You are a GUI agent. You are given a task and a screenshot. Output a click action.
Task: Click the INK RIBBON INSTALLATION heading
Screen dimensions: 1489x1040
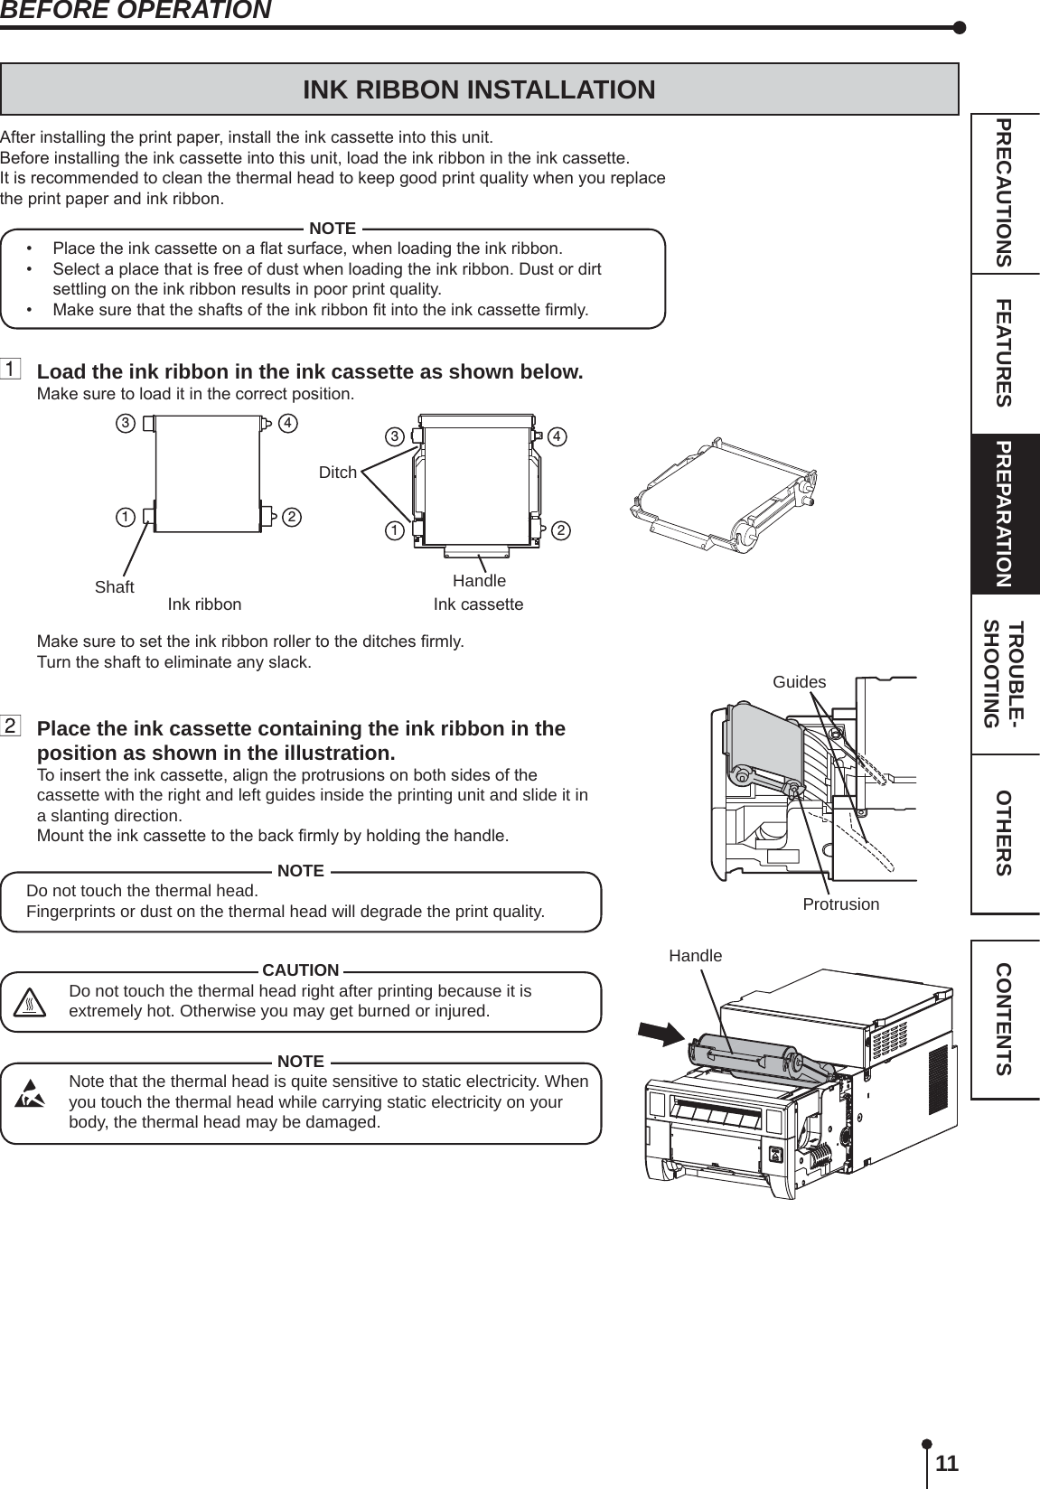point(479,90)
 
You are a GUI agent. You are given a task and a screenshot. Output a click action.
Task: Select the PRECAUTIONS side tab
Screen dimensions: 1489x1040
point(1004,192)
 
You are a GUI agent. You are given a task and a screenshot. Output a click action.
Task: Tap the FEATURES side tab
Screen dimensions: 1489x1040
point(1004,352)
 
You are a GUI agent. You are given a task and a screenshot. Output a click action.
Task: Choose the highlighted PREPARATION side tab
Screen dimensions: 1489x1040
point(1004,514)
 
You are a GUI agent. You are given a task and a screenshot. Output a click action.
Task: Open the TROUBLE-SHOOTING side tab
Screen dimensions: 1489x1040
point(1004,674)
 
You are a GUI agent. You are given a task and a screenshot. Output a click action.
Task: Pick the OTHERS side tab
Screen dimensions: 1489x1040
point(1004,833)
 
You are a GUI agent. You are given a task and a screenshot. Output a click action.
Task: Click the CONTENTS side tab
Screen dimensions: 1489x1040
point(1004,1019)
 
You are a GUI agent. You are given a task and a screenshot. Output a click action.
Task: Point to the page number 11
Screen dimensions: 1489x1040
point(947,1463)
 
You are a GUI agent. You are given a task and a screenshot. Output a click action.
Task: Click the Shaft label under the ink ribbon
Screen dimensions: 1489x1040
point(115,587)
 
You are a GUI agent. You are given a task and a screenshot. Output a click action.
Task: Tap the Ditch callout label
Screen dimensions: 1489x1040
point(338,472)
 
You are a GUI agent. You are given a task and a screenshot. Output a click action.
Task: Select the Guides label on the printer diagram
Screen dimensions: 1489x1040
point(800,682)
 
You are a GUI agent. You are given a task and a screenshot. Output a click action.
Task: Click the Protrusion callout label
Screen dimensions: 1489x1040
point(841,904)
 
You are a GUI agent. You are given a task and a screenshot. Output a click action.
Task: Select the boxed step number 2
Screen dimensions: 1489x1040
point(11,726)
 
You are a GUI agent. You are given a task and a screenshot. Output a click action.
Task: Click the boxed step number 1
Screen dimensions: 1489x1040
point(11,370)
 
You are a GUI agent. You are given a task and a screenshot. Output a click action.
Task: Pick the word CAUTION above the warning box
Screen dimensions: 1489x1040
point(301,970)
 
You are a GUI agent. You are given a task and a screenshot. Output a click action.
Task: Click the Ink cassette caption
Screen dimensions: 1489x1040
point(478,604)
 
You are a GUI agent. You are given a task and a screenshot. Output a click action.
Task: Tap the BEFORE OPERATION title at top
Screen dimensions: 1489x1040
point(136,11)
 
